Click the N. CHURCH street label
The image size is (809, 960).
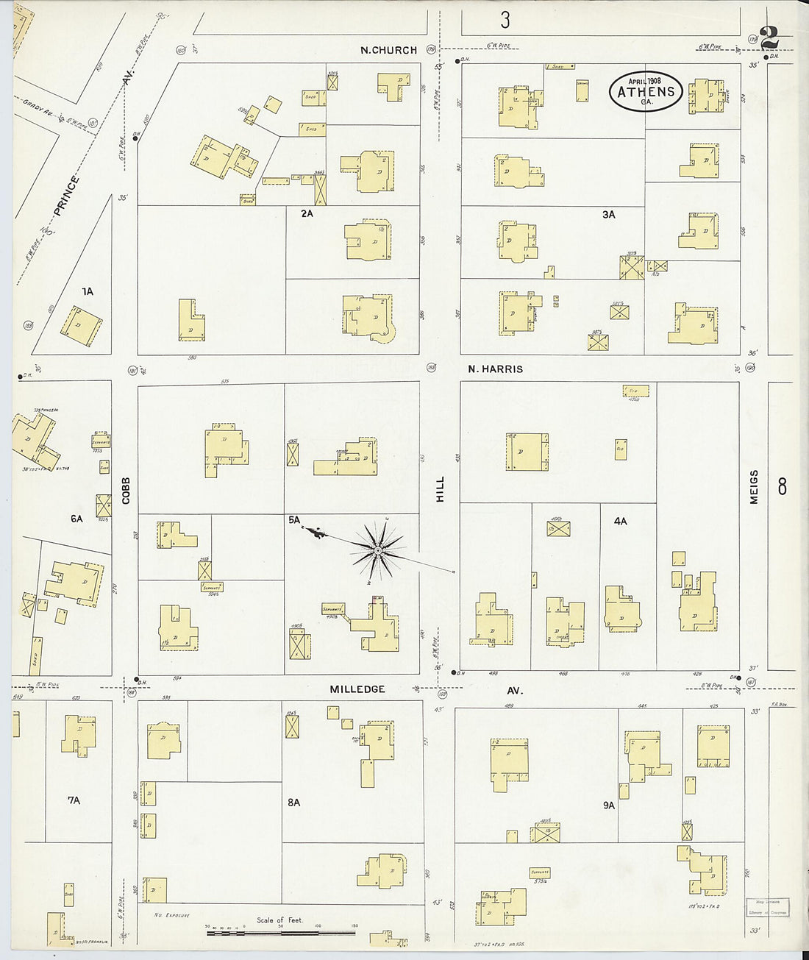(x=388, y=50)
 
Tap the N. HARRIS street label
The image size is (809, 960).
(x=495, y=369)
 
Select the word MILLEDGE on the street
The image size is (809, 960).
(x=357, y=689)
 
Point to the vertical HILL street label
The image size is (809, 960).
(x=441, y=489)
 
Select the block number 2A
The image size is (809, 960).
(x=307, y=214)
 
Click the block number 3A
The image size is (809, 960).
(x=608, y=215)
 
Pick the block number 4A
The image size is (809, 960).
(x=620, y=521)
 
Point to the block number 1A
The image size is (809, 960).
(x=87, y=292)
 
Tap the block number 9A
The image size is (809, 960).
(x=608, y=806)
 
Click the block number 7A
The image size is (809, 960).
(x=74, y=800)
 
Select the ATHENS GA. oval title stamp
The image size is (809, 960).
(x=646, y=92)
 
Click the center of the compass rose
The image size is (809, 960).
(x=377, y=550)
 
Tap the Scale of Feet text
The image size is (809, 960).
(x=279, y=920)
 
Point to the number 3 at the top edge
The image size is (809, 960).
(x=505, y=20)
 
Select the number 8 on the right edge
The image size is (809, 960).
(x=782, y=486)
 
